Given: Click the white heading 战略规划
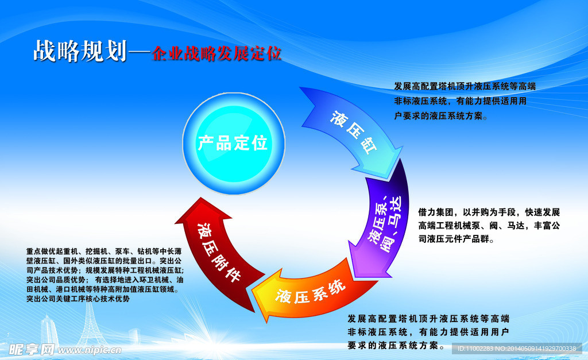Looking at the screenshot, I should [80, 52].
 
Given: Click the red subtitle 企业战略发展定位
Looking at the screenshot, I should [216, 53].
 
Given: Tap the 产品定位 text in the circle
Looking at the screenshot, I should [233, 142].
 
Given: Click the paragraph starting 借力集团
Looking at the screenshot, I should [489, 225].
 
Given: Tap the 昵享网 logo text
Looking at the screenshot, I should [31, 349].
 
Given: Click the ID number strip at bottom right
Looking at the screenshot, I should [516, 349].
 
